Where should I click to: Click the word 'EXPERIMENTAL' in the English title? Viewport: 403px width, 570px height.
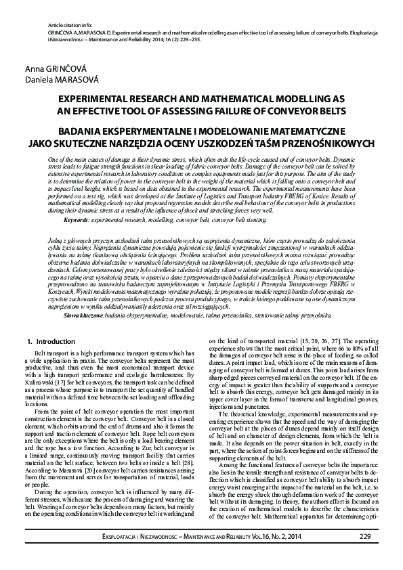pos(93,98)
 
